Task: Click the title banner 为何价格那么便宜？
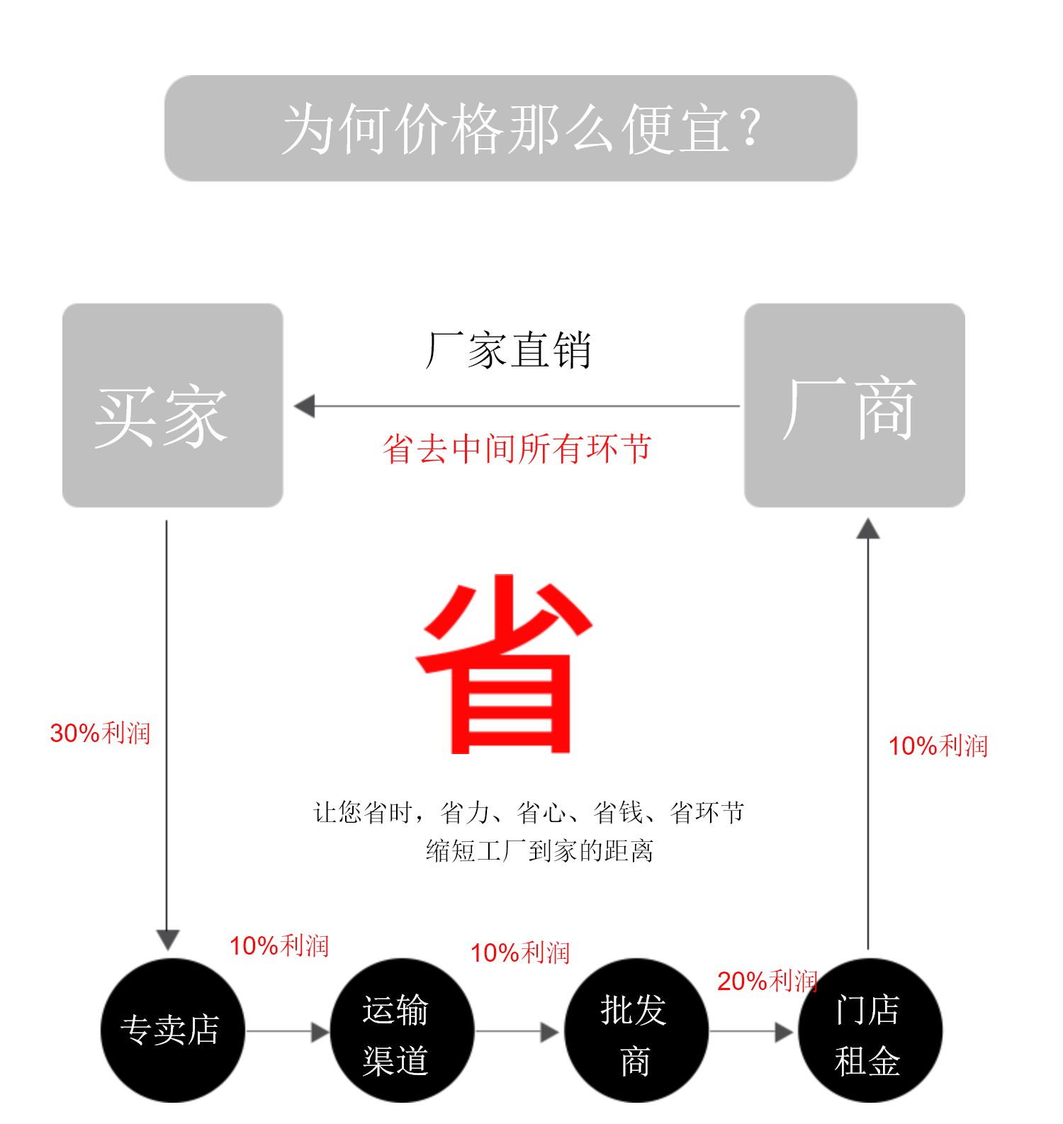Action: (510, 128)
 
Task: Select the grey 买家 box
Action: (172, 405)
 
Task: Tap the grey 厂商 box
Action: (854, 405)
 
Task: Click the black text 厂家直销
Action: (508, 350)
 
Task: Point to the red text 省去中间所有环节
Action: (517, 448)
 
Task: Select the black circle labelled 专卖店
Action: (172, 1030)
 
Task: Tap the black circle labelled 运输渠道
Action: (402, 1030)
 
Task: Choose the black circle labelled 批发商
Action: (636, 1030)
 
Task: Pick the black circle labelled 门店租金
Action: (870, 1030)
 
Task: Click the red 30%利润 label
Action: (100, 733)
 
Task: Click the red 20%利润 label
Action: (767, 981)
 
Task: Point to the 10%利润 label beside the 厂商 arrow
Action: (938, 746)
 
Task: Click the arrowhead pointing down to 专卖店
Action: (167, 939)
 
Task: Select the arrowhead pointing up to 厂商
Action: (868, 529)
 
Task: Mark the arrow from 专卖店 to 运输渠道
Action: (287, 1032)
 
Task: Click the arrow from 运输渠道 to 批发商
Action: (518, 1032)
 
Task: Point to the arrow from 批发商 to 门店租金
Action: (752, 1032)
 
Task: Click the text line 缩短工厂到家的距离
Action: (539, 850)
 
